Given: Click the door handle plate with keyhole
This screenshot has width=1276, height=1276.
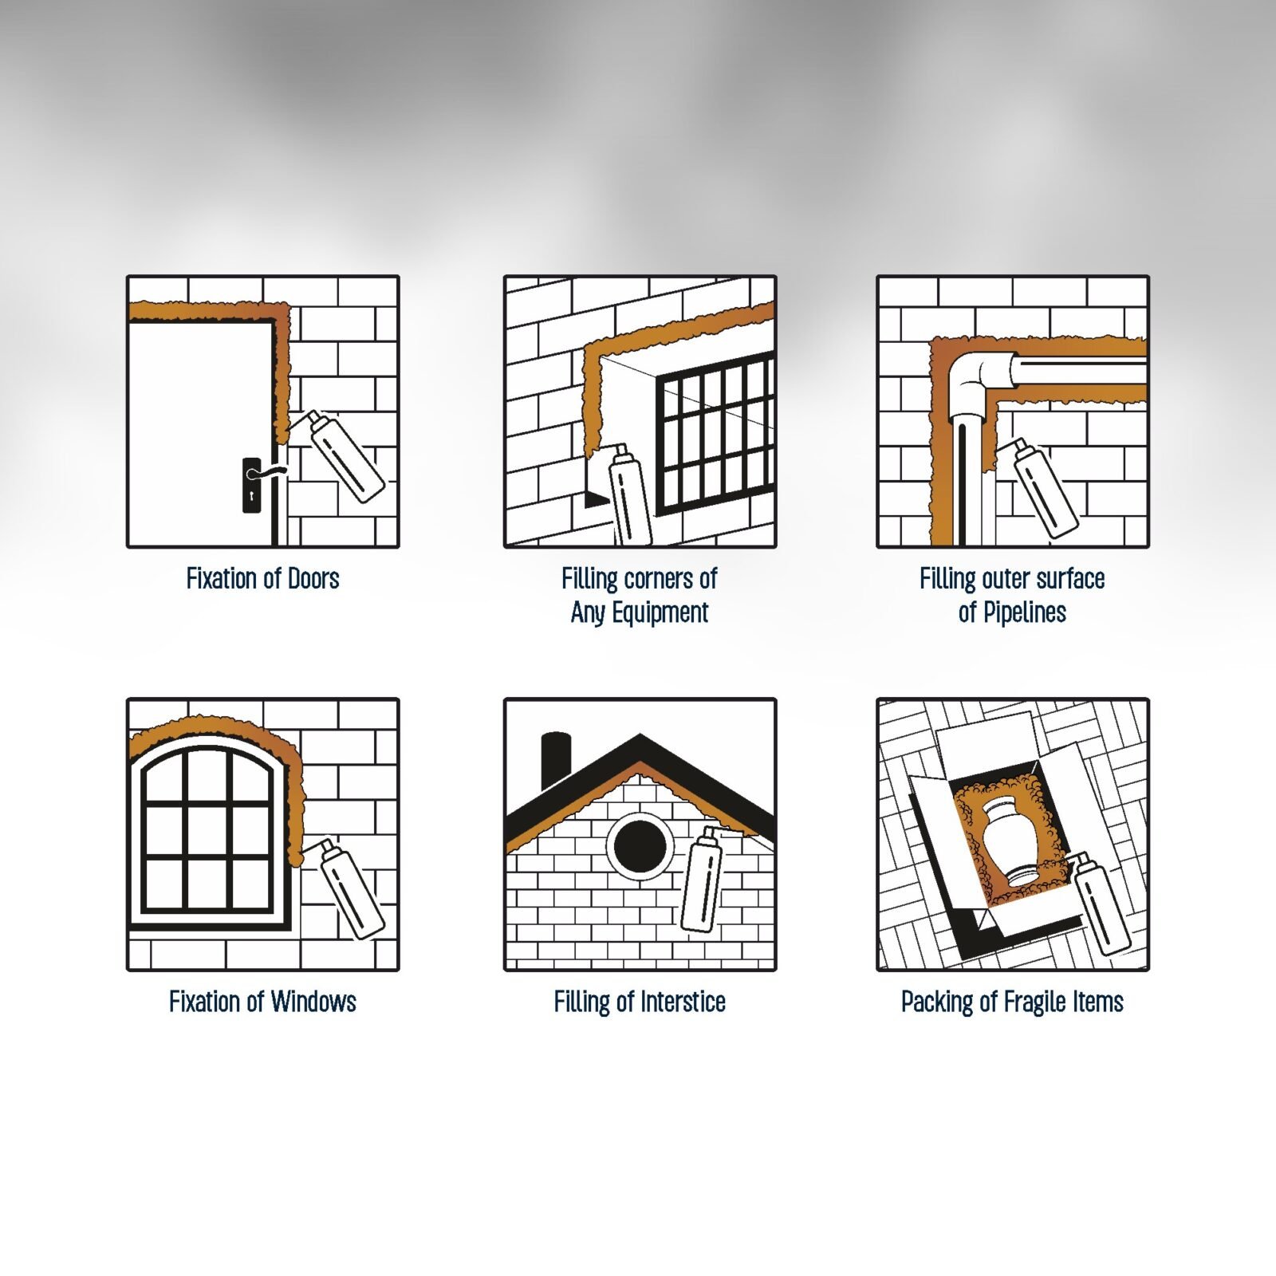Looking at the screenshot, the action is [251, 485].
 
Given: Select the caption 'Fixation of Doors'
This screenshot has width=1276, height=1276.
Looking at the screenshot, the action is [262, 578].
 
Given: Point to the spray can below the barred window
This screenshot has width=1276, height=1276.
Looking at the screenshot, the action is [629, 494].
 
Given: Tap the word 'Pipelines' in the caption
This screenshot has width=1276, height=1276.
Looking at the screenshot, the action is [1024, 612].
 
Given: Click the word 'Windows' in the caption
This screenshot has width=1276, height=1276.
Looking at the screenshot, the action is [313, 1002].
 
